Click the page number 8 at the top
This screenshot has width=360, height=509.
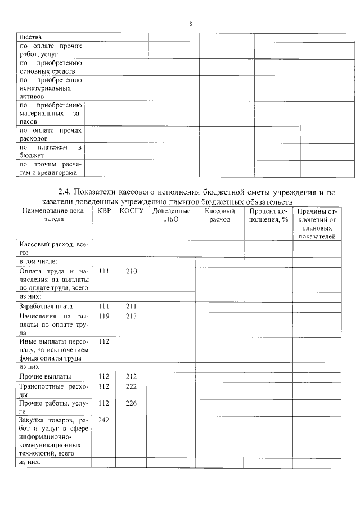(x=190, y=24)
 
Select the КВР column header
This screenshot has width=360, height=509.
(x=103, y=211)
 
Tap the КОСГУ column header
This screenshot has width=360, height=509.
(x=132, y=211)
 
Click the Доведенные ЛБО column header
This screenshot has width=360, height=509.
(x=171, y=215)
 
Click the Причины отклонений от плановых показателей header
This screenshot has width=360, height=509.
(x=317, y=224)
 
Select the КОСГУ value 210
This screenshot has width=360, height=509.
(x=132, y=271)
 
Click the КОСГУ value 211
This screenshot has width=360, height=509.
(x=132, y=307)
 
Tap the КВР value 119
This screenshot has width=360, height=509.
(x=103, y=316)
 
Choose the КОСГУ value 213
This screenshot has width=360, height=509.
(x=132, y=316)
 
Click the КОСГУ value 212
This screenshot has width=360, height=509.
(x=132, y=376)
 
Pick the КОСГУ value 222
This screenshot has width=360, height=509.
(x=132, y=386)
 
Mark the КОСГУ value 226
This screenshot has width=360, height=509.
(x=132, y=403)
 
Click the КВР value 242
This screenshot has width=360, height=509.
(x=103, y=420)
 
